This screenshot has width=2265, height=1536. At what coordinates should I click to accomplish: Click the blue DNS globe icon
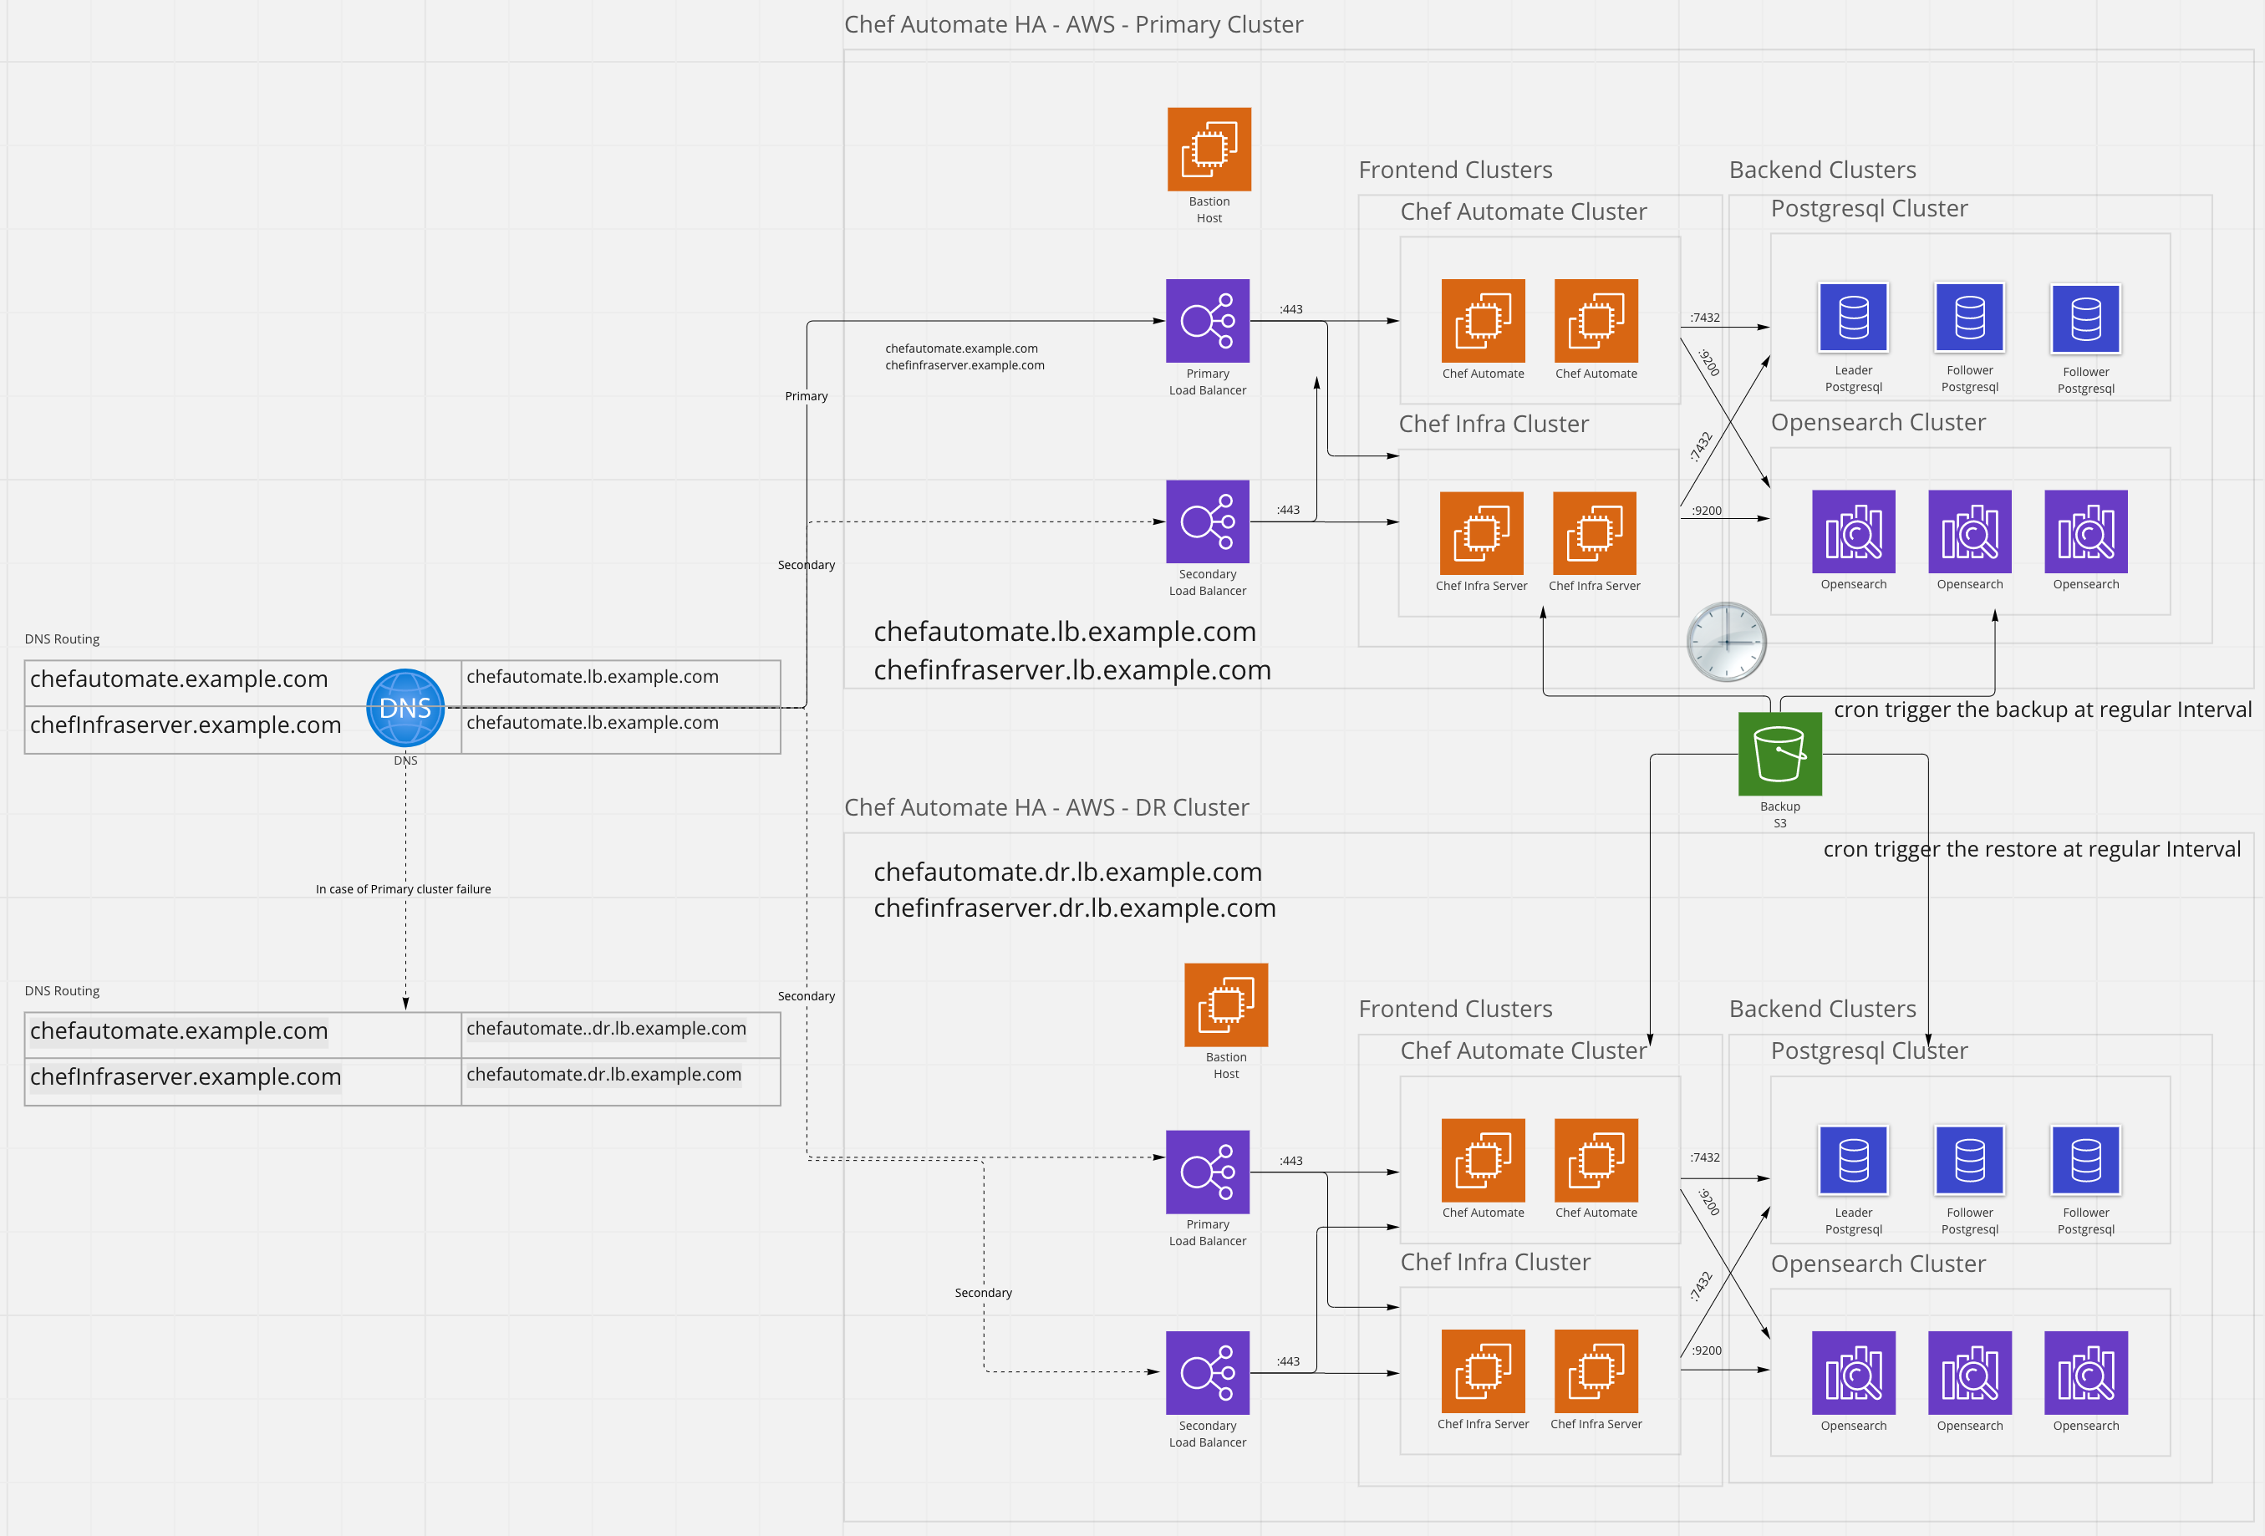[405, 709]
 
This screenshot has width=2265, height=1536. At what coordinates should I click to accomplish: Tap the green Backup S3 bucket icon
[1779, 754]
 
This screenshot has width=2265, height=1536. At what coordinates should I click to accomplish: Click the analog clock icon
[1726, 641]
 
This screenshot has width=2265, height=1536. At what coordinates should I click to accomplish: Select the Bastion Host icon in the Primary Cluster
[1209, 149]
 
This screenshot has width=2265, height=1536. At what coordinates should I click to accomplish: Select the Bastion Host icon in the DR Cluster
[1225, 1005]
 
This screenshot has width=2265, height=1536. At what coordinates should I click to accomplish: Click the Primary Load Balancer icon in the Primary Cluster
[1208, 321]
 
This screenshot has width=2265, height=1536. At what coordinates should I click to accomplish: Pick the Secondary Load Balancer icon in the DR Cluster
[1208, 1372]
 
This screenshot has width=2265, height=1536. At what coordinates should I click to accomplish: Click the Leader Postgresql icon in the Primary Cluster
[1853, 318]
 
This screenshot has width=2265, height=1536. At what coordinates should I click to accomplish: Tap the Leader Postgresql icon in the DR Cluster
[1853, 1160]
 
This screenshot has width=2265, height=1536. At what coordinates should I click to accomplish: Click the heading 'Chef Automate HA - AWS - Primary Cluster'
[1073, 24]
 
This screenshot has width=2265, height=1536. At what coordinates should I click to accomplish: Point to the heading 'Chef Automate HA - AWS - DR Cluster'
[1046, 807]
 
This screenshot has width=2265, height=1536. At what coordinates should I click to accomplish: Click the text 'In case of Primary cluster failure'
[403, 889]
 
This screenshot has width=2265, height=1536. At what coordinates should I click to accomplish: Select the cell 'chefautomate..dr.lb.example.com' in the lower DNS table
[606, 1028]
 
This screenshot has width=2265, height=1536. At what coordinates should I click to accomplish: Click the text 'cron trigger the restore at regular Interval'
[2031, 849]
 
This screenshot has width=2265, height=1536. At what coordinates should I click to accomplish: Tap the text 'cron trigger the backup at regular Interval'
[2042, 710]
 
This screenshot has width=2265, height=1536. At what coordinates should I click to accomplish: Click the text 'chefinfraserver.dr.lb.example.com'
[1074, 908]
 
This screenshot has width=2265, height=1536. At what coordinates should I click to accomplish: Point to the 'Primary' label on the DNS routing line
[806, 395]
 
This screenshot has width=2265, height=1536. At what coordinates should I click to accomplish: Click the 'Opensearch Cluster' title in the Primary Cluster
[1877, 422]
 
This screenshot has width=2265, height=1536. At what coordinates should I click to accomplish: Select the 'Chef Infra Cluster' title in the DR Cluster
[1494, 1262]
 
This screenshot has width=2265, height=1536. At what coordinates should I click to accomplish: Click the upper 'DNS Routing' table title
[63, 639]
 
